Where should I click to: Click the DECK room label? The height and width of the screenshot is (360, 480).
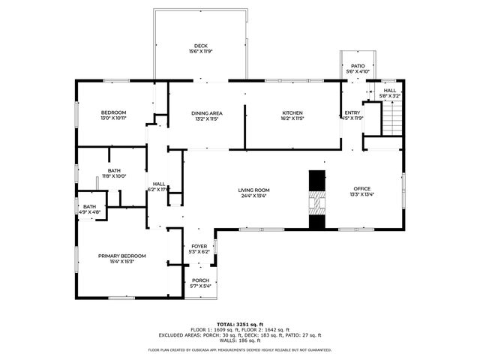point(200,46)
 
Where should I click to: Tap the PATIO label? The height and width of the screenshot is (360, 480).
point(358,66)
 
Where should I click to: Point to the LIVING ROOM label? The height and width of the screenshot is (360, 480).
point(254,190)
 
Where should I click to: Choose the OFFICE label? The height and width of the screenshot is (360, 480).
point(362,188)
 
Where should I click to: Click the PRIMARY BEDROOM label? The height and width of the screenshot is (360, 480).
point(122,256)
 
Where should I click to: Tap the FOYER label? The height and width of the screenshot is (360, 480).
point(199,246)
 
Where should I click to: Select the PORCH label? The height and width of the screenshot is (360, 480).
point(200,280)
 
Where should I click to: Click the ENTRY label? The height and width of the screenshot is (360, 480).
point(352,112)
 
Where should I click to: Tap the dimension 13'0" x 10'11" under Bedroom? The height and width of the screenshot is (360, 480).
point(113,118)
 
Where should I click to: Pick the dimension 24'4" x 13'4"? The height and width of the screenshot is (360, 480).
point(254,196)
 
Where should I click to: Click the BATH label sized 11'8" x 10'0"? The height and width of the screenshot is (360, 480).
point(114,170)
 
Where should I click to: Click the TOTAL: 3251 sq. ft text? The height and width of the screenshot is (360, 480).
point(239,324)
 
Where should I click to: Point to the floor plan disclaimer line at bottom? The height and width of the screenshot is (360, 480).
point(239,349)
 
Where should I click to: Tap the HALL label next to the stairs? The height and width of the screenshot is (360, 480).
point(390,90)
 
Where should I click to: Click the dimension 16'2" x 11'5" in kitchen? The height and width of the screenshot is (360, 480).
point(292,118)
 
